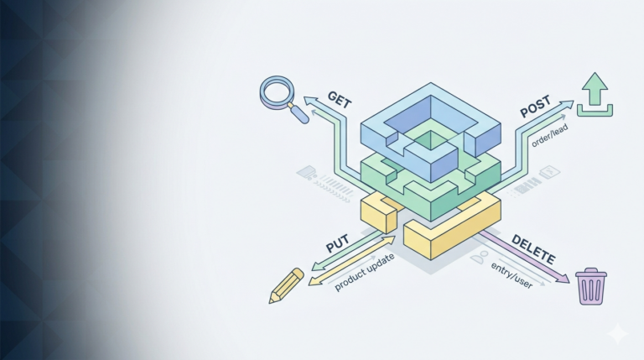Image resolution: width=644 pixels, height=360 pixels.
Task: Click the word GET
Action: click(339, 99)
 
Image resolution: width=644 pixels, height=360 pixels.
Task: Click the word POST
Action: click(535, 108)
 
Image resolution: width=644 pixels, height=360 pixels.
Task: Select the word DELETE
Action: click(532, 248)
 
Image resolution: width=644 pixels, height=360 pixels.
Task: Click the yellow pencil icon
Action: click(286, 285)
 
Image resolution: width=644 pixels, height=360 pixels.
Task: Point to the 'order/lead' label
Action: click(548, 131)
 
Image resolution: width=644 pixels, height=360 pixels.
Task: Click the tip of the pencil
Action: click(273, 300)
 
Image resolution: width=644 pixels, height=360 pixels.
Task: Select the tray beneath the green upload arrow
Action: click(595, 110)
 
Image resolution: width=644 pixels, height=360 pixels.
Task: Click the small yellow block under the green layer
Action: click(378, 213)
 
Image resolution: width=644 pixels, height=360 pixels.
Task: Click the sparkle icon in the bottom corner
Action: click(619, 333)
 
